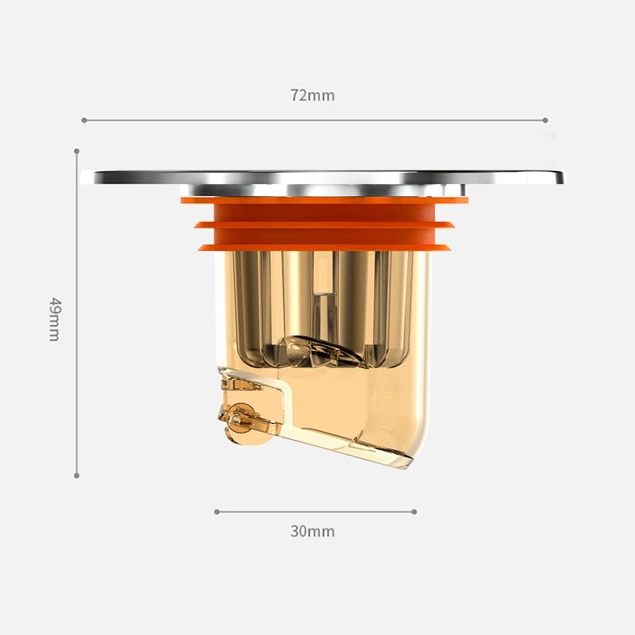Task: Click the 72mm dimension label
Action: point(312,95)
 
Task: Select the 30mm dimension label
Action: point(312,531)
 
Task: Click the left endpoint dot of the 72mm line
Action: point(83,121)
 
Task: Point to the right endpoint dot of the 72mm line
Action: point(545,121)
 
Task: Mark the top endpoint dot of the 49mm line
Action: point(77,150)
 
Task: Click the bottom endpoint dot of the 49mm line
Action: point(77,475)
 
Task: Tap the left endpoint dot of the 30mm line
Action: point(216,512)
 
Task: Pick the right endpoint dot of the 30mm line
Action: point(414,512)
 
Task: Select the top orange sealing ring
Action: point(324,200)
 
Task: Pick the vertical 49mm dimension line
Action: point(77,238)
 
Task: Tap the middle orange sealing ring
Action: point(324,225)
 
